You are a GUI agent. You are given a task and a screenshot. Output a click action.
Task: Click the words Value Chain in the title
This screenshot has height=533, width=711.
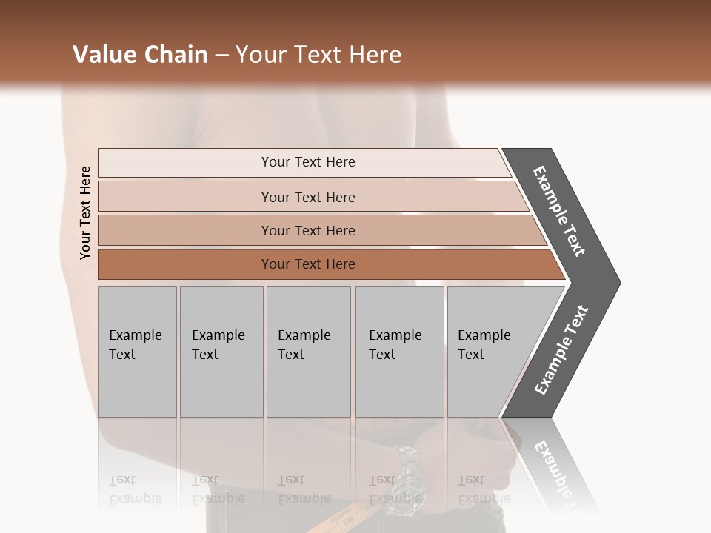(x=140, y=55)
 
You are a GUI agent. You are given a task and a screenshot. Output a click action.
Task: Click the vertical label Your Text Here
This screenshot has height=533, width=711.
(x=85, y=212)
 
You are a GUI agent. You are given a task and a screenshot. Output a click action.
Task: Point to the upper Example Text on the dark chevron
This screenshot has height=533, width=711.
(x=559, y=211)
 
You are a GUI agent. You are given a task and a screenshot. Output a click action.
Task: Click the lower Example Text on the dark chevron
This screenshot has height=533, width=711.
(x=561, y=350)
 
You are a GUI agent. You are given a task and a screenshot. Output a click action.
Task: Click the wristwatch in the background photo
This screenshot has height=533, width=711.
(x=406, y=466)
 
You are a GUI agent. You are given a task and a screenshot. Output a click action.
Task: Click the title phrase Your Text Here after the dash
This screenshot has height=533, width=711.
(x=318, y=55)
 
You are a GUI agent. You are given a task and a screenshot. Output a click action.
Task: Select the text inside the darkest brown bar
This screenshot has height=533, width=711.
(x=308, y=264)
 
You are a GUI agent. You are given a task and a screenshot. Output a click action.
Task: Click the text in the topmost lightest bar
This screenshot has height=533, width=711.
(x=308, y=162)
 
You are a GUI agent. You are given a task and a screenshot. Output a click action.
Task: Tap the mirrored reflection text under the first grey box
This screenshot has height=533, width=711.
(x=135, y=489)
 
